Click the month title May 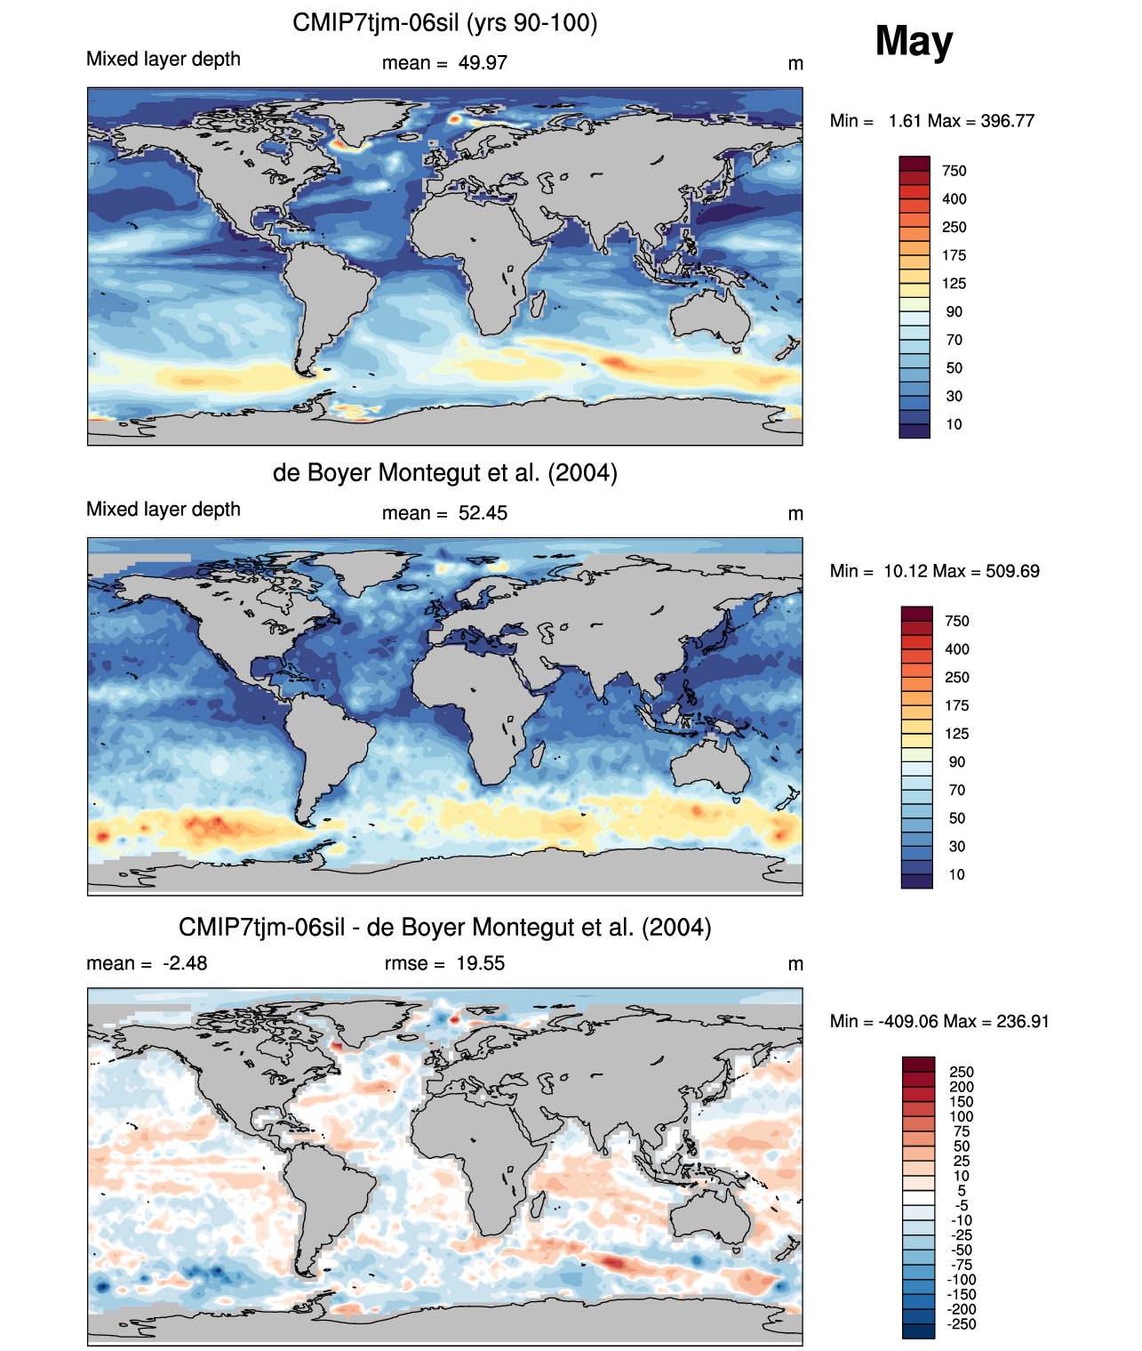coord(914,41)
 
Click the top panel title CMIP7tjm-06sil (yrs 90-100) coord(444,22)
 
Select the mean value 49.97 coord(483,63)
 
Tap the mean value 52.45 coord(483,513)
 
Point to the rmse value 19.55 coord(480,963)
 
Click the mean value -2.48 coord(185,963)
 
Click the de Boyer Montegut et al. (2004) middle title coord(444,472)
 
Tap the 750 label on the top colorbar coord(954,171)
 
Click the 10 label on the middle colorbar coord(956,874)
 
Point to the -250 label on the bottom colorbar coord(962,1323)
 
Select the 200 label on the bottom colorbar coord(962,1087)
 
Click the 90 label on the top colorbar coord(954,311)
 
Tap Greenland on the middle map coord(360,569)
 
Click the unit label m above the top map coord(795,64)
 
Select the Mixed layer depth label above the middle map coord(164,509)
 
